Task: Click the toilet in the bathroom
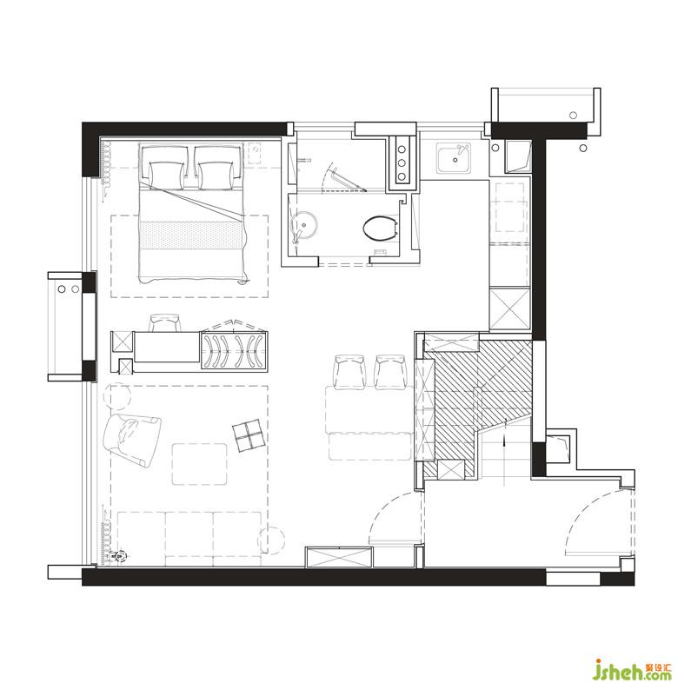[x=380, y=228]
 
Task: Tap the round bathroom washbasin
[x=304, y=226]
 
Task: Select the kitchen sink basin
[x=454, y=158]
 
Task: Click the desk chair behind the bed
[x=164, y=322]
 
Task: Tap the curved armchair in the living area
[x=131, y=440]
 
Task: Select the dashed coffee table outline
[x=200, y=464]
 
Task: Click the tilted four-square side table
[x=249, y=436]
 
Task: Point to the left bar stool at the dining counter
[x=349, y=371]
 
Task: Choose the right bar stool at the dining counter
[x=391, y=371]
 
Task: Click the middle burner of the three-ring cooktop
[x=402, y=162]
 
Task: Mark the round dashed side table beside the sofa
[x=271, y=540]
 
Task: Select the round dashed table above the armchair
[x=116, y=395]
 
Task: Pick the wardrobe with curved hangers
[x=234, y=351]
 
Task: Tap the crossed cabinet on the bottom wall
[x=338, y=558]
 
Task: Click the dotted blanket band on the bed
[x=191, y=235]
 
